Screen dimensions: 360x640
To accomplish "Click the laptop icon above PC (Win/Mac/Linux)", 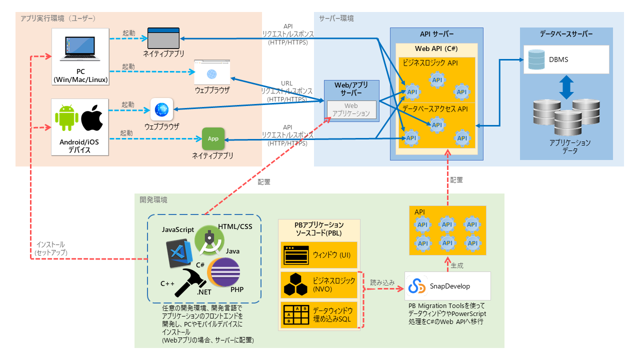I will (80, 48).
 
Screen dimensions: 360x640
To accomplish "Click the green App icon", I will (213, 138).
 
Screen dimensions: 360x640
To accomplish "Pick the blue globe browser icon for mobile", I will (161, 109).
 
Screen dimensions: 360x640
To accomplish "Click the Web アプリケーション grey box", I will (351, 109).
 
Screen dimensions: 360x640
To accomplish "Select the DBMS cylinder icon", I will (536, 59).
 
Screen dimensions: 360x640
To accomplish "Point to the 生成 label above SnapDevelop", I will (457, 264).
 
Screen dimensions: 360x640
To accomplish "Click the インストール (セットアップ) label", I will (50, 249).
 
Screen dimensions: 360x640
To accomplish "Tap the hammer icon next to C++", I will (186, 280).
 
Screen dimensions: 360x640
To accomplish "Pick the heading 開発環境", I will (153, 199).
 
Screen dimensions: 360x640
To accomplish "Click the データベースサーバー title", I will (566, 34).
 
